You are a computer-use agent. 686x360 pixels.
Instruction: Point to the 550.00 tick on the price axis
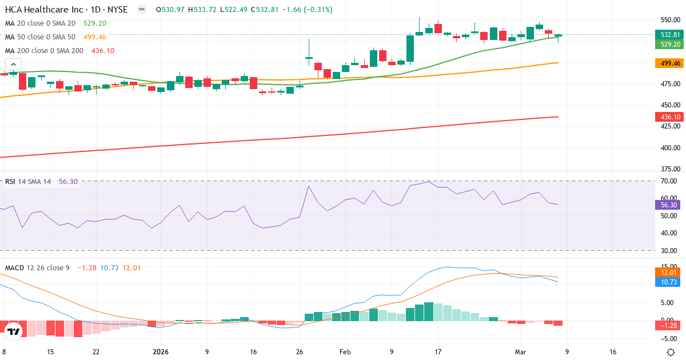pyautogui.click(x=670, y=19)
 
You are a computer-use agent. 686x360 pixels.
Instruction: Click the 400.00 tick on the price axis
pyautogui.click(x=670, y=147)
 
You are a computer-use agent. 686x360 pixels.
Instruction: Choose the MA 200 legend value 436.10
pyautogui.click(x=103, y=51)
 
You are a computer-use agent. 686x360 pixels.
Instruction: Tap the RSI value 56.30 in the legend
pyautogui.click(x=68, y=182)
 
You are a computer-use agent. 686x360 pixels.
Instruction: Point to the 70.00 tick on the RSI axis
pyautogui.click(x=670, y=181)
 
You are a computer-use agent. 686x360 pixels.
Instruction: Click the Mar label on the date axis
pyautogui.click(x=520, y=352)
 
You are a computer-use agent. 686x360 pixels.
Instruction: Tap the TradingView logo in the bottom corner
pyautogui.click(x=14, y=331)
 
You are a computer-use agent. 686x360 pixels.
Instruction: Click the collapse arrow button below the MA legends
pyautogui.click(x=13, y=65)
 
